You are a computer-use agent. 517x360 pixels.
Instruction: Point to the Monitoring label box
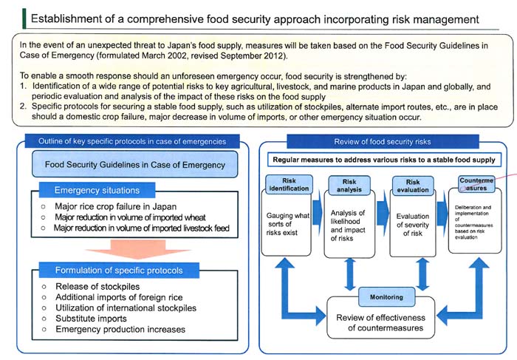(382, 298)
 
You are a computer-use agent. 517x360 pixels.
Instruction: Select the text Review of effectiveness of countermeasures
(382, 323)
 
